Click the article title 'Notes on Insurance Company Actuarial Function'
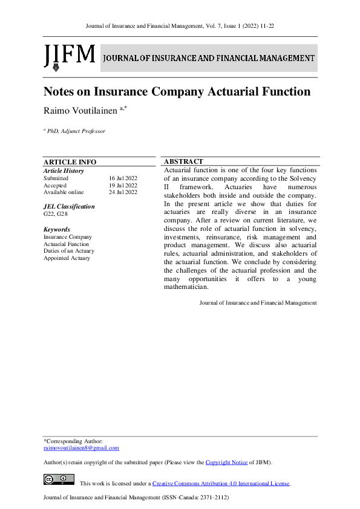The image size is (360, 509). click(x=177, y=92)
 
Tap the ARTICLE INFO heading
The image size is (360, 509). click(x=70, y=162)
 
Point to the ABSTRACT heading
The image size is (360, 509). click(x=183, y=161)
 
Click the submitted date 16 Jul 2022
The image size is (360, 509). click(x=123, y=178)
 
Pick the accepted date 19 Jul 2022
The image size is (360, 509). click(x=123, y=186)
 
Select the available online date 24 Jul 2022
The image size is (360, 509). click(x=123, y=192)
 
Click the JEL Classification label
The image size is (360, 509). click(x=69, y=207)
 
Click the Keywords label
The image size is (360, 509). click(x=56, y=230)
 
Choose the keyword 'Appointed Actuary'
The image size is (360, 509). click(x=67, y=258)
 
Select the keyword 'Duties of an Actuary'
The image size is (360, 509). click(x=69, y=251)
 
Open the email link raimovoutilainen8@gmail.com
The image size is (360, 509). click(x=81, y=448)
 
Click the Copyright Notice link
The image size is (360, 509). click(x=226, y=462)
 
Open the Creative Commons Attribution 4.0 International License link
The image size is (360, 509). click(x=221, y=484)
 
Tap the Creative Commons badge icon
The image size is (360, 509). click(x=59, y=480)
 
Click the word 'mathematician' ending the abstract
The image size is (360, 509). click(x=186, y=287)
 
